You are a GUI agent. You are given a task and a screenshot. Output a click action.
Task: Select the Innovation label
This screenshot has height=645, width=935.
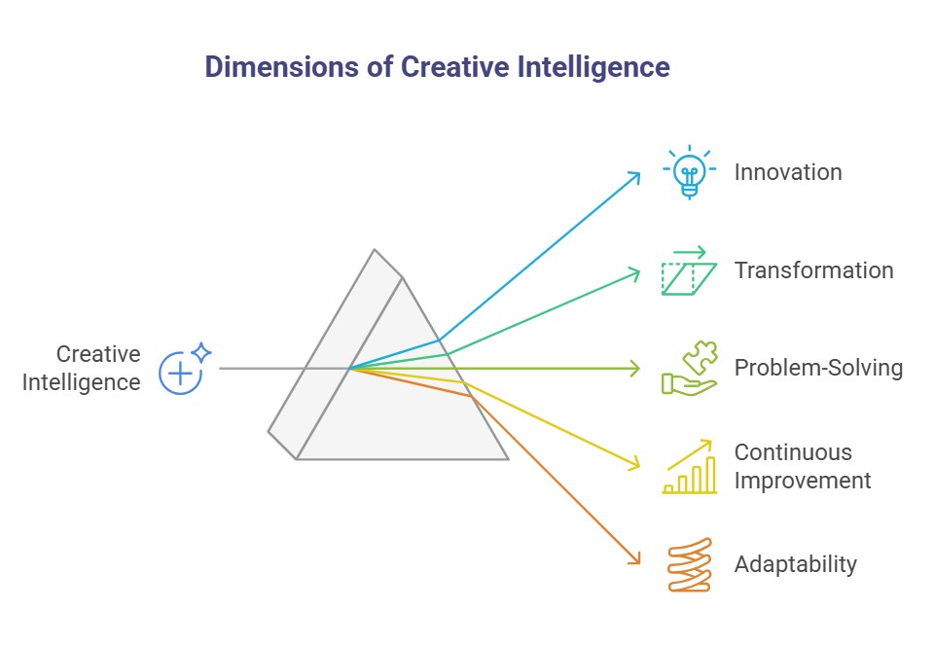click(x=788, y=172)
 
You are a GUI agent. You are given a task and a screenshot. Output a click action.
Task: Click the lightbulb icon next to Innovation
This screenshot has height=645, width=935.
click(x=689, y=172)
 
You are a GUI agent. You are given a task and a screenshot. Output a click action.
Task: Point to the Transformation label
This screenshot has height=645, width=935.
click(x=813, y=270)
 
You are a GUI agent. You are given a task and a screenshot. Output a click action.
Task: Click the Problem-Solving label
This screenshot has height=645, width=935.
click(x=818, y=369)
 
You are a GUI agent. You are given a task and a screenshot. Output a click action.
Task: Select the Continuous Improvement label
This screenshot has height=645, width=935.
click(x=803, y=467)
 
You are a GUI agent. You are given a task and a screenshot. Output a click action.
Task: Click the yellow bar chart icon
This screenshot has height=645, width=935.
click(x=689, y=468)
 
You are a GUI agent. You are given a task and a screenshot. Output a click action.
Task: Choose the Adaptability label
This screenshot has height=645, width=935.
click(x=796, y=564)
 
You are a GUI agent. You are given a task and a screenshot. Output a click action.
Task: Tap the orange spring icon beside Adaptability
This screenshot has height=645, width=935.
click(x=689, y=564)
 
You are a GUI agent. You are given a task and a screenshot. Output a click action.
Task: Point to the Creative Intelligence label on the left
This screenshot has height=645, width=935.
click(x=83, y=369)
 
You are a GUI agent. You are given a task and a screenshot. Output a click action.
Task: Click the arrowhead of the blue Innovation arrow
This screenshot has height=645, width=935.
click(x=637, y=174)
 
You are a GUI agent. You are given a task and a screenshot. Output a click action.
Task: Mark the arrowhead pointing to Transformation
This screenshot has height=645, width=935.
click(x=637, y=271)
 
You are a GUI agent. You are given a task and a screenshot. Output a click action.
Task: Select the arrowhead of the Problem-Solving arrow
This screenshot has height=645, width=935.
click(x=637, y=369)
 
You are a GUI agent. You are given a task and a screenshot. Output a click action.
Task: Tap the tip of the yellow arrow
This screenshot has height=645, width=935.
click(x=637, y=466)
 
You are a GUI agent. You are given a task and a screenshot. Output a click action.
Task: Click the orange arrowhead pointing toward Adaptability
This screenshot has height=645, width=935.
click(x=637, y=561)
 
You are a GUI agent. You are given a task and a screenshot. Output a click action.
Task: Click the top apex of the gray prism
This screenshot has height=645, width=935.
click(x=375, y=250)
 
